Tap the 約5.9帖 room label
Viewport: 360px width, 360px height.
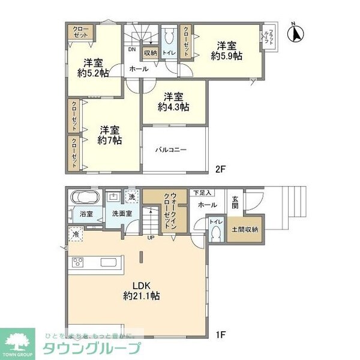pyautogui.click(x=226, y=51)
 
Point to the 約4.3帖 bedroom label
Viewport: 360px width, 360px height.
pyautogui.click(x=173, y=102)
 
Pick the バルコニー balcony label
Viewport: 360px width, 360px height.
pyautogui.click(x=173, y=150)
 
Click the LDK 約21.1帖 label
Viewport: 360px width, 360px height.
pyautogui.click(x=143, y=290)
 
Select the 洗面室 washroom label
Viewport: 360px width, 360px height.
pyautogui.click(x=117, y=214)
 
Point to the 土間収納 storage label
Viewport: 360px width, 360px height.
pyautogui.click(x=246, y=229)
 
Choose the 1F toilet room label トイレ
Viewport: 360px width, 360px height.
pyautogui.click(x=214, y=221)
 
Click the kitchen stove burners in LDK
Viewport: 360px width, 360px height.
pyautogui.click(x=79, y=262)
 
